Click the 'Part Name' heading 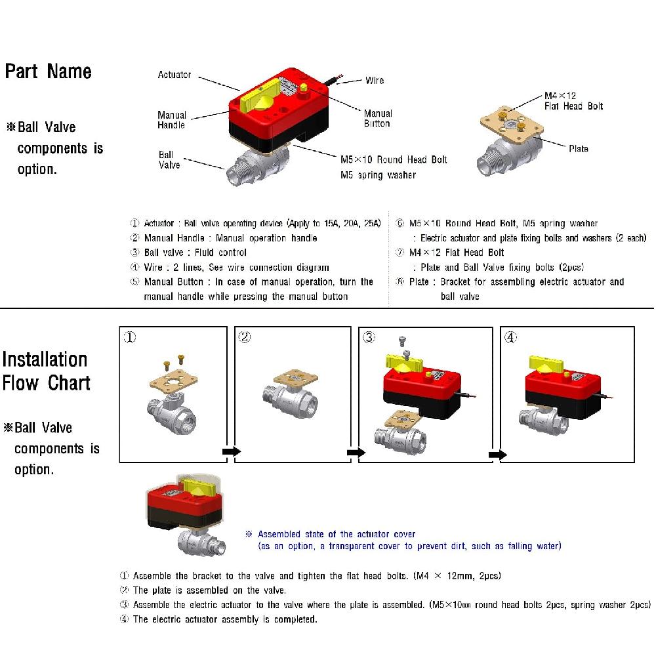click(x=48, y=72)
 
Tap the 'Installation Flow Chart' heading click(x=45, y=371)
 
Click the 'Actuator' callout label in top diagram click(x=174, y=75)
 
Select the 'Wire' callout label click(x=375, y=81)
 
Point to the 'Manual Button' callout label click(x=378, y=119)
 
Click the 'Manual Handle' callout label click(x=172, y=120)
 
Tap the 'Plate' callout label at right click(x=578, y=149)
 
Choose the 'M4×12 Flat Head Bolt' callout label click(x=573, y=101)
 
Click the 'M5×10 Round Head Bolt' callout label click(x=394, y=159)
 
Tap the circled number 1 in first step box click(x=131, y=338)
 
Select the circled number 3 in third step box click(x=370, y=338)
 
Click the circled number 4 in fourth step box click(x=511, y=338)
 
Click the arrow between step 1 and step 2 click(x=232, y=451)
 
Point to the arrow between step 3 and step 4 click(x=498, y=455)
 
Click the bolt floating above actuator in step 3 click(x=403, y=341)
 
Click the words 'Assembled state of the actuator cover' click(x=337, y=534)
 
